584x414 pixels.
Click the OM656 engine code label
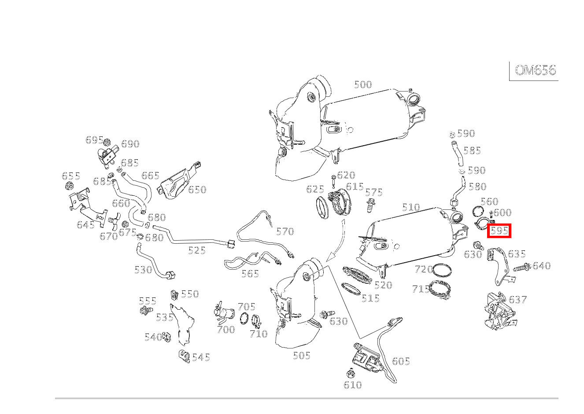click(x=535, y=70)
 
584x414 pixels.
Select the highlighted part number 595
click(x=499, y=231)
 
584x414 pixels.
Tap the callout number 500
click(x=363, y=84)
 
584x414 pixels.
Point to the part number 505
click(x=302, y=355)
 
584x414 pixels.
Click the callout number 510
click(x=411, y=207)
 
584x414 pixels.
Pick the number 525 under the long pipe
click(x=197, y=250)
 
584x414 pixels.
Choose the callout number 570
click(x=285, y=231)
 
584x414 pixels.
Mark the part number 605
click(x=401, y=361)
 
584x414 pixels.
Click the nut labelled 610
click(x=351, y=374)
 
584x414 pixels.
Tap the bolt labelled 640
click(x=522, y=267)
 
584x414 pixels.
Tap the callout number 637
click(x=518, y=300)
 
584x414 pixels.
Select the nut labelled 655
click(x=69, y=187)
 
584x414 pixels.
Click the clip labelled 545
click(x=184, y=356)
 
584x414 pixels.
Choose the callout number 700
click(x=225, y=330)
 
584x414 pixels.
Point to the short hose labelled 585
click(x=455, y=150)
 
